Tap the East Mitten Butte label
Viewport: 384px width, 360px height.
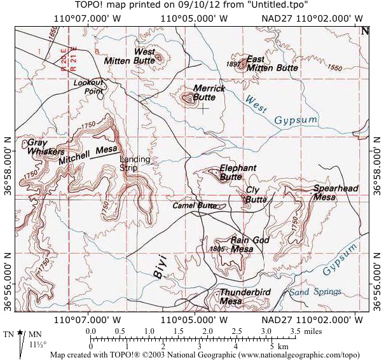(272, 63)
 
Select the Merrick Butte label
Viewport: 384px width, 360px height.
(209, 93)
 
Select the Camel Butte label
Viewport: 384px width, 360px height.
(194, 205)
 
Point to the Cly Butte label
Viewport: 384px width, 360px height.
(256, 195)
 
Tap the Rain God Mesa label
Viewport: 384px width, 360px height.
(250, 244)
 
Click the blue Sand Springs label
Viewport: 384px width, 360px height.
(315, 292)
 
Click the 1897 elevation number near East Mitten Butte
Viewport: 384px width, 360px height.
(233, 64)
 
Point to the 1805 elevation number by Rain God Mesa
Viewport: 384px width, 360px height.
(217, 248)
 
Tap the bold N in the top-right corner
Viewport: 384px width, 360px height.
(365, 30)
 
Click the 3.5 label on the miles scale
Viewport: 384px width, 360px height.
(295, 332)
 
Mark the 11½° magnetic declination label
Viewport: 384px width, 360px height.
(38, 344)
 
